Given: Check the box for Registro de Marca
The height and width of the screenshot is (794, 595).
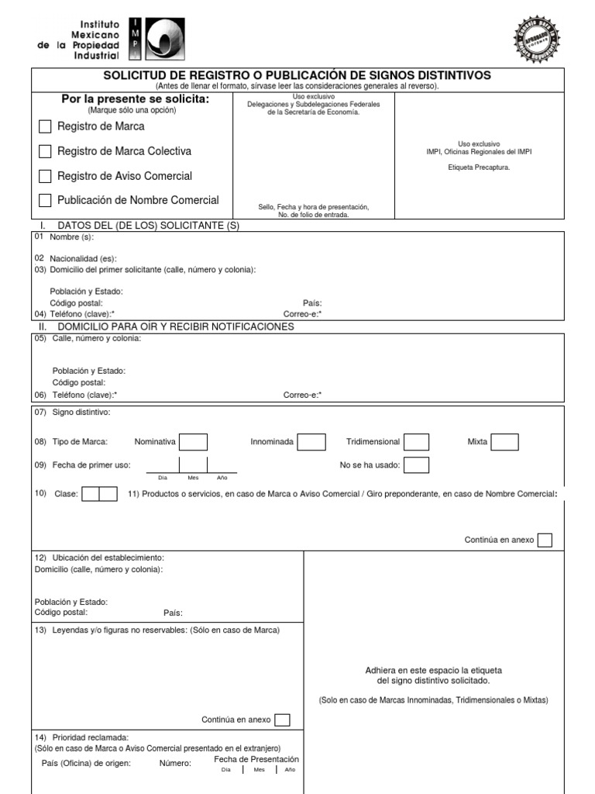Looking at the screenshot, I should click(45, 126).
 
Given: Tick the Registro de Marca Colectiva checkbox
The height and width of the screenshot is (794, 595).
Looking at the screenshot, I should click(45, 151).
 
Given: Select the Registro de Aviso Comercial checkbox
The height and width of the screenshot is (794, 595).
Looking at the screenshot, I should click(45, 176).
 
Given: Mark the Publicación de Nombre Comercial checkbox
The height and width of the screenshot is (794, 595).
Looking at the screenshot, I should click(45, 200).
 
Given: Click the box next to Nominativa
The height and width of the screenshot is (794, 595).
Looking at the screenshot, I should click(194, 442).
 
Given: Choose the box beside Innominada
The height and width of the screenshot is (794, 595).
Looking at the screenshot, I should click(311, 442).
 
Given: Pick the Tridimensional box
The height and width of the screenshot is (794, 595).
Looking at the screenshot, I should click(417, 442).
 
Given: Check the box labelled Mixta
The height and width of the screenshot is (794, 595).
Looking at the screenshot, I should click(505, 442).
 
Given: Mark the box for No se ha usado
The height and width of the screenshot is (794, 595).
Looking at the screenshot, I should click(417, 465).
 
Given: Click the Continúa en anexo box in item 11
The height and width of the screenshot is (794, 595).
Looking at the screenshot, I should click(545, 540).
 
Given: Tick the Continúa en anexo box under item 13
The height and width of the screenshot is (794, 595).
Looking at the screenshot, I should click(282, 720).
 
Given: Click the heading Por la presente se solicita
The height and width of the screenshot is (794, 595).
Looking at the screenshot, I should click(136, 99).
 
